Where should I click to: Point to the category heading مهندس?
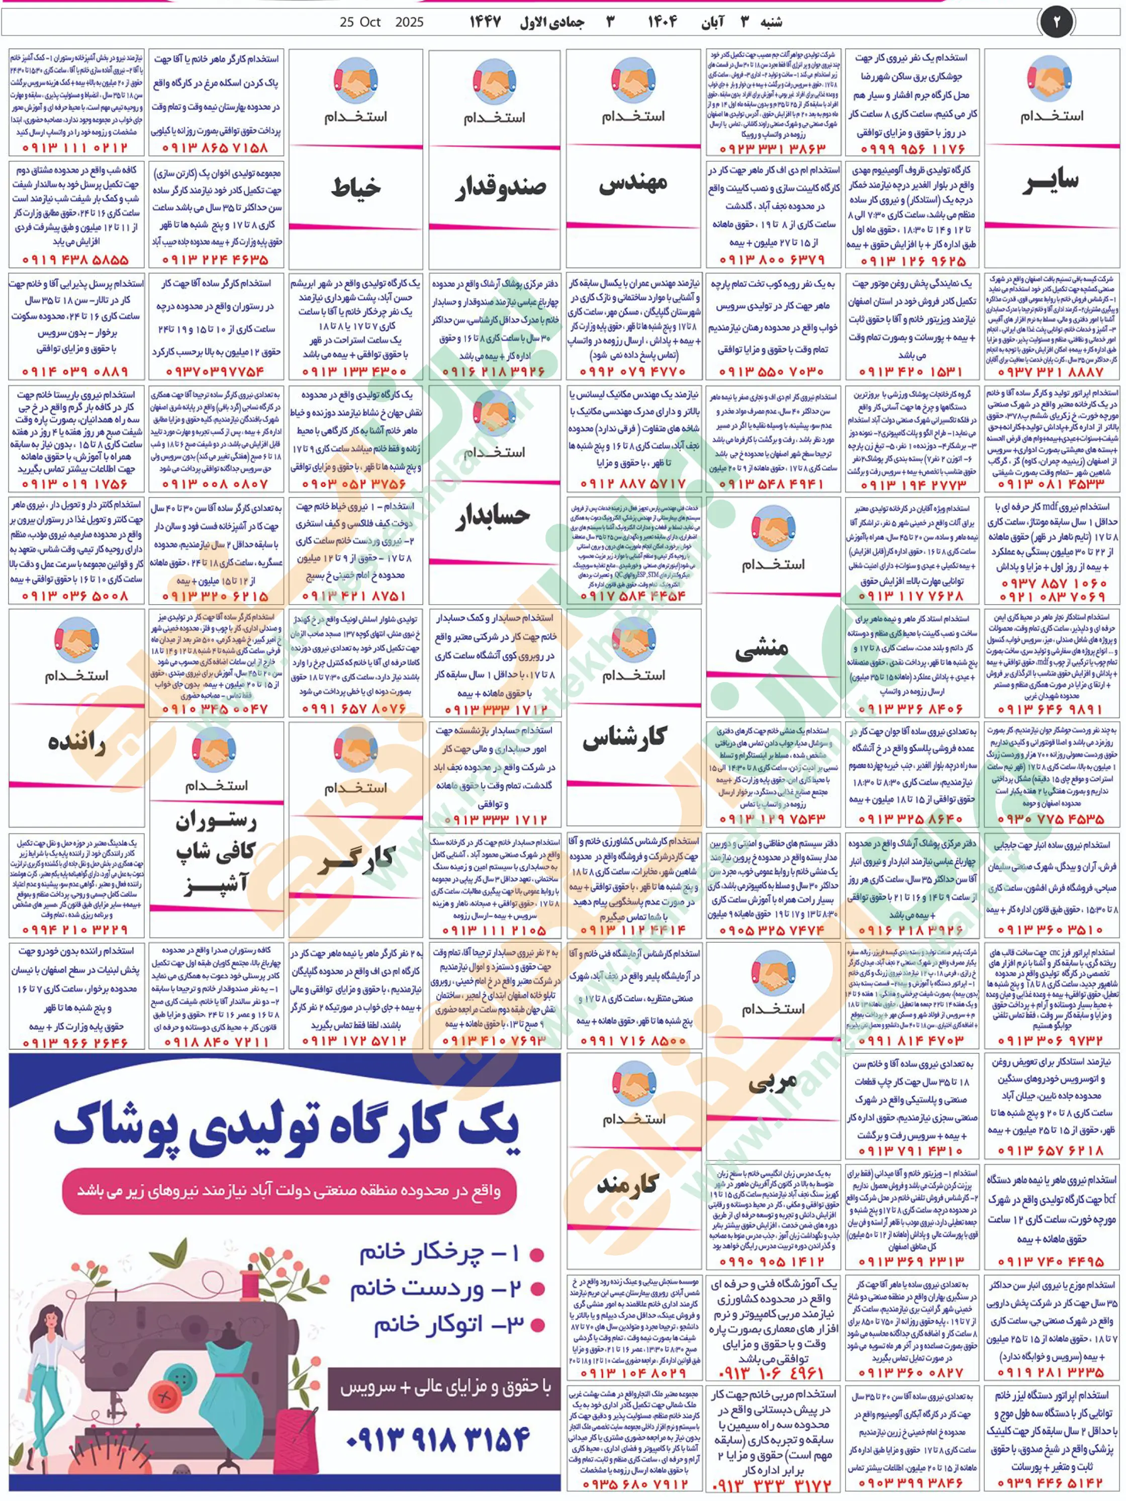click(633, 183)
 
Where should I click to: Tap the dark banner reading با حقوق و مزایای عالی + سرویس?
click(444, 1388)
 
